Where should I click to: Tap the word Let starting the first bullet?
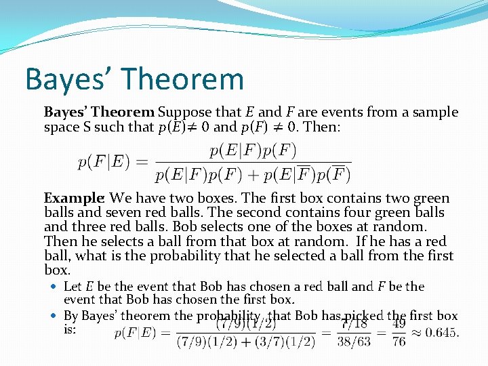point(73,286)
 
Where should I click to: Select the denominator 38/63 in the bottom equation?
point(354,341)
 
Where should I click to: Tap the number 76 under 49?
point(399,341)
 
